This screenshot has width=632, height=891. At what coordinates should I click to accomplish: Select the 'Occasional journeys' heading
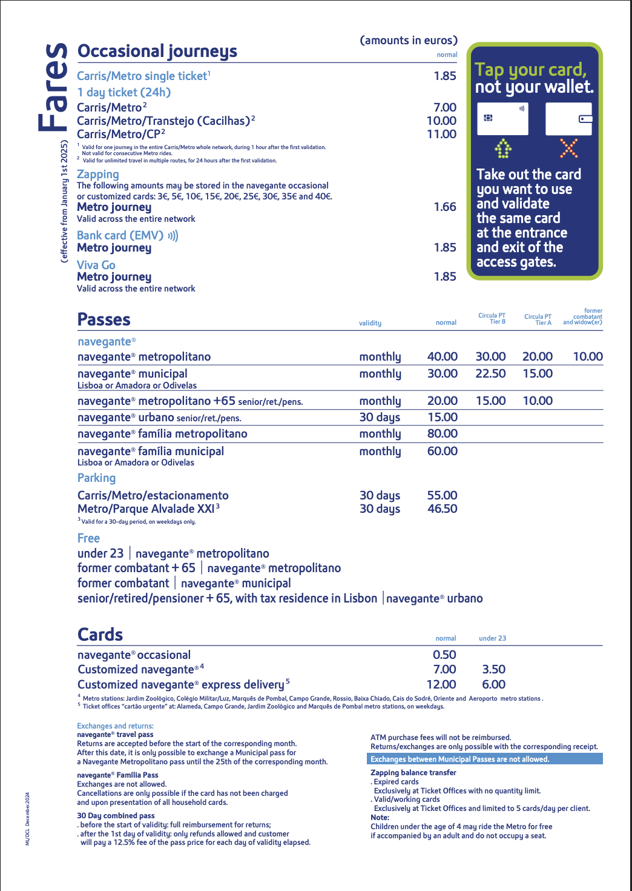157,52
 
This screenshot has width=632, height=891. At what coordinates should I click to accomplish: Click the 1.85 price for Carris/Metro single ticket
445,76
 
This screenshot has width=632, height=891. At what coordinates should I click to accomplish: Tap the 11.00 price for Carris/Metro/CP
441,134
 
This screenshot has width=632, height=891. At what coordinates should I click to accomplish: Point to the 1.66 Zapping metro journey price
445,207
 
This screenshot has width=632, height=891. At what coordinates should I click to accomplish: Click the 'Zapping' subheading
98,175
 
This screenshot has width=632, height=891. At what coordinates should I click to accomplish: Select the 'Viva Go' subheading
96,265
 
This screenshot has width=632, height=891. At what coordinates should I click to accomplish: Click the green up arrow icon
503,148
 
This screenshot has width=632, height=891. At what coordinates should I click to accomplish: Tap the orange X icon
568,148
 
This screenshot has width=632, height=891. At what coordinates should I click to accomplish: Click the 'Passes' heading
104,319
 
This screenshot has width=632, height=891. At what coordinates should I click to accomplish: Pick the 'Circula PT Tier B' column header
492,318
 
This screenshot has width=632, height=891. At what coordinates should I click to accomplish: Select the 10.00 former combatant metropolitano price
588,356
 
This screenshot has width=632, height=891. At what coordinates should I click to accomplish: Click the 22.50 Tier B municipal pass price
490,373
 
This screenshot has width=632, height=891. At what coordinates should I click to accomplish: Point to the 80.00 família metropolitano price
443,433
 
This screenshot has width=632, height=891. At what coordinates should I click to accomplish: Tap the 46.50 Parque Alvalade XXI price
443,509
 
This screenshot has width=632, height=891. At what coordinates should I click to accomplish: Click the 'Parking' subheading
96,478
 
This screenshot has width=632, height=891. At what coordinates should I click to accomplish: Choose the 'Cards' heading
100,635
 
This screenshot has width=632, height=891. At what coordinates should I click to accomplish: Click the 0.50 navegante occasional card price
444,655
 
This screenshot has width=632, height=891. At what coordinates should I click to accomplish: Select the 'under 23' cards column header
492,638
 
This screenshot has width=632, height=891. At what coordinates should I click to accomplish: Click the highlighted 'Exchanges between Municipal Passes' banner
485,759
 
